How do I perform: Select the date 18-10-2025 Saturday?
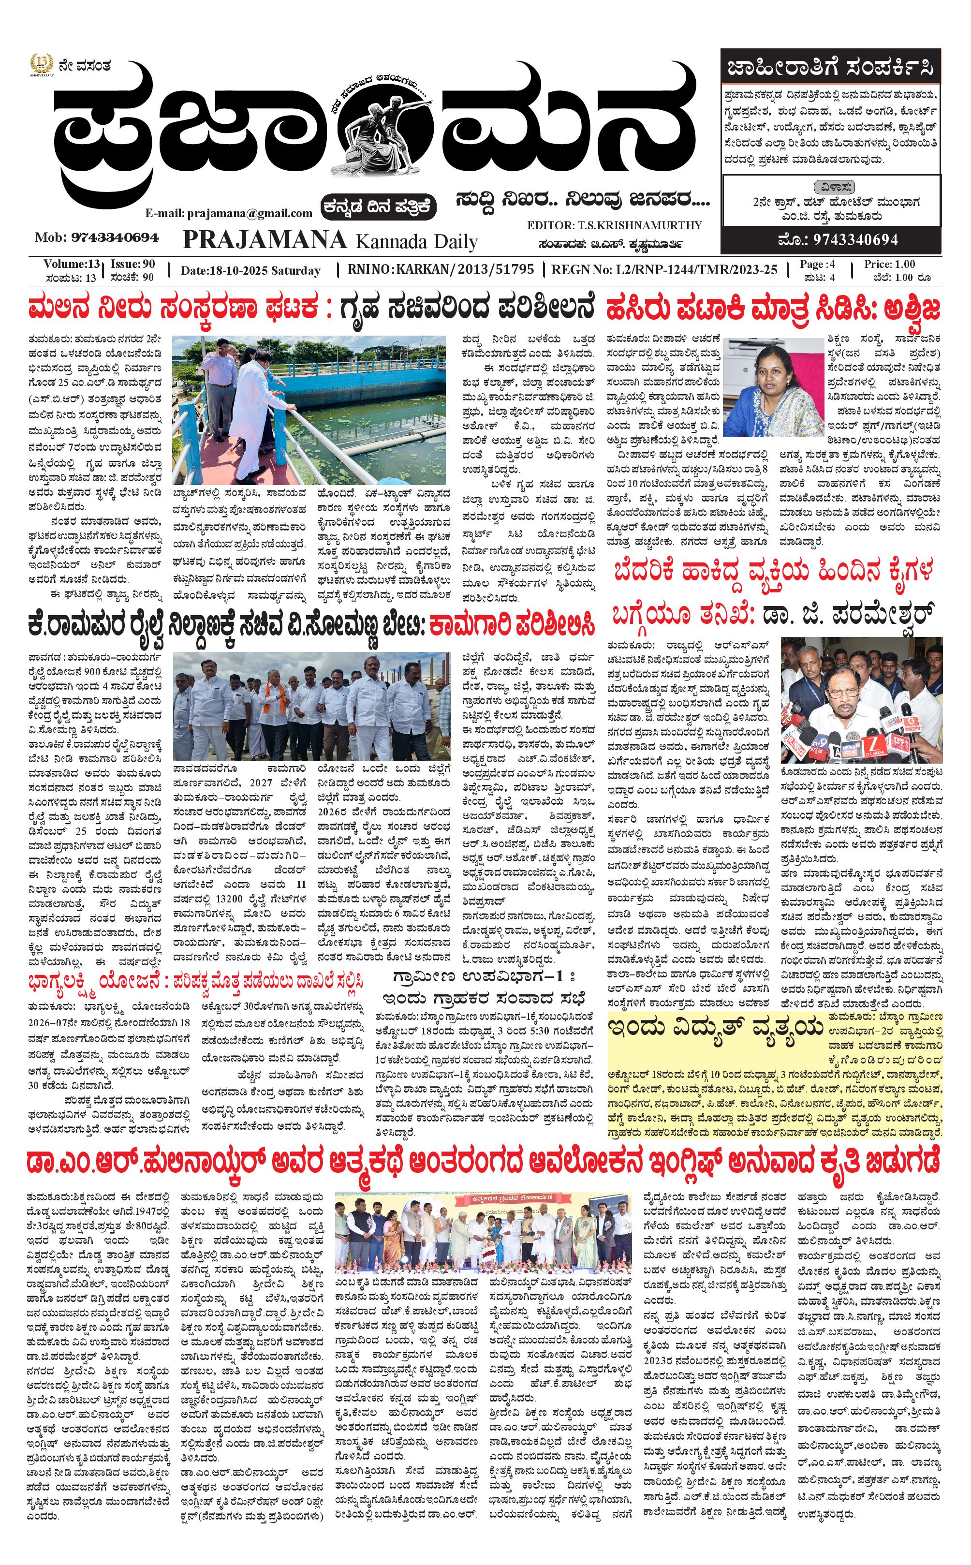point(250,270)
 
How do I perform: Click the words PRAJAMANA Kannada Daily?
point(330,240)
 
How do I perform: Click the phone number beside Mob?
point(115,237)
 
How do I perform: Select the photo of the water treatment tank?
point(309,411)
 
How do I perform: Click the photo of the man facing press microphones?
point(861,699)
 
